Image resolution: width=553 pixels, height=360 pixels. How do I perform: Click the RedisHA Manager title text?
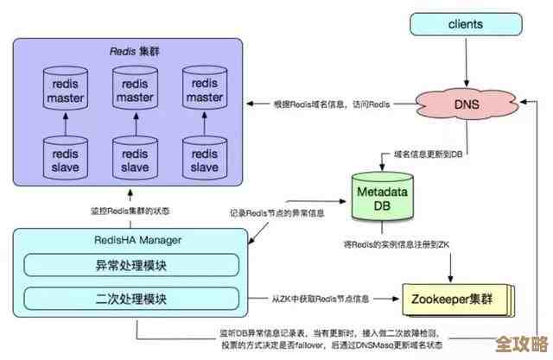[87, 239]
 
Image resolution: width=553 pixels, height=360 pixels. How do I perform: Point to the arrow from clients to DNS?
[466, 62]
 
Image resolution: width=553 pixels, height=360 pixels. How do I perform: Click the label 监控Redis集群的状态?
[129, 212]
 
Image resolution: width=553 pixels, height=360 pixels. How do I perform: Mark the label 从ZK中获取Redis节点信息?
[320, 299]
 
